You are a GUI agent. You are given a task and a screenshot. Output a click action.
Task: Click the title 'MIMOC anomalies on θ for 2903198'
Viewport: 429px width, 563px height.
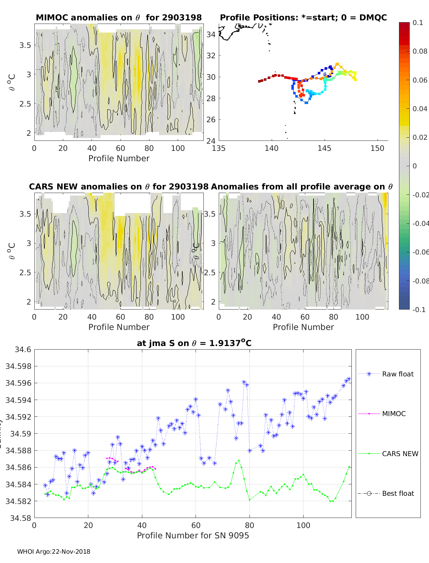tap(119, 18)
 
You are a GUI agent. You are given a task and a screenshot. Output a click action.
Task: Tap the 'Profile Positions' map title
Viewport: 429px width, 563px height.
tap(303, 18)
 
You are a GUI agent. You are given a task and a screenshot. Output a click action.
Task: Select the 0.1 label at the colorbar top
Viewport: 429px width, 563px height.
tap(418, 23)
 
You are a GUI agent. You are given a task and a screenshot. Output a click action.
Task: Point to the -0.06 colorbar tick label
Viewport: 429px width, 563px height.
tap(420, 252)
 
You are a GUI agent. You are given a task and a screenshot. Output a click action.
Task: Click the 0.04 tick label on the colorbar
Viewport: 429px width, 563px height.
tap(420, 109)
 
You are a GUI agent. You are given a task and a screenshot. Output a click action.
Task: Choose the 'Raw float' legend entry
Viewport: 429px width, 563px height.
tap(398, 374)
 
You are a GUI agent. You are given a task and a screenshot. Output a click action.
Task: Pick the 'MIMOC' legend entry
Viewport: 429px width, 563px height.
tap(394, 414)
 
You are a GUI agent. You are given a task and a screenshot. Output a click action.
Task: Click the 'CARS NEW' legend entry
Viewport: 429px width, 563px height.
tap(400, 454)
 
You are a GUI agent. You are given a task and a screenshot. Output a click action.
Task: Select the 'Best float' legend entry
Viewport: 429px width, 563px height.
tap(398, 493)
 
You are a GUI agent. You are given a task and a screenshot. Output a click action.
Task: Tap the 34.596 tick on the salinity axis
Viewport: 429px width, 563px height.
tap(18, 383)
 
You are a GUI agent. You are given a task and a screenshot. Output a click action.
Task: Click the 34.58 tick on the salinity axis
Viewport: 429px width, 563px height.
tap(20, 518)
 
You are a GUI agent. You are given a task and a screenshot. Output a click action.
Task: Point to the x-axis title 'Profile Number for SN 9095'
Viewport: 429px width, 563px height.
tap(193, 535)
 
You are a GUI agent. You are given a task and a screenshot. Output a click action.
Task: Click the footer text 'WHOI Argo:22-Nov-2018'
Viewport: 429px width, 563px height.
tap(54, 552)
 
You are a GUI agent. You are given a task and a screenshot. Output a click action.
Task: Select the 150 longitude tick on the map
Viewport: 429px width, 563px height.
tap(377, 148)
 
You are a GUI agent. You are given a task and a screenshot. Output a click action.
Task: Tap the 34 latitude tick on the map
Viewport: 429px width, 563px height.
tap(211, 34)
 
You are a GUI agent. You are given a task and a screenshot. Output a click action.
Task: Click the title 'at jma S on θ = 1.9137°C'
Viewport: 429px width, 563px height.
tap(194, 343)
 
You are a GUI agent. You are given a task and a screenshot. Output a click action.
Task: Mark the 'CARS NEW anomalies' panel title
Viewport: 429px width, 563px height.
tap(119, 187)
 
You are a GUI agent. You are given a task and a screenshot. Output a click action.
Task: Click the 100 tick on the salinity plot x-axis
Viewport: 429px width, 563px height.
tap(303, 525)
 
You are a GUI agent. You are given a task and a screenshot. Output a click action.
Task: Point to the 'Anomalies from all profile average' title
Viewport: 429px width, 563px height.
tap(302, 187)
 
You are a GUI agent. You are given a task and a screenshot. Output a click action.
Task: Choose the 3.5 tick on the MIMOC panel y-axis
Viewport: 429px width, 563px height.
tap(25, 45)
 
